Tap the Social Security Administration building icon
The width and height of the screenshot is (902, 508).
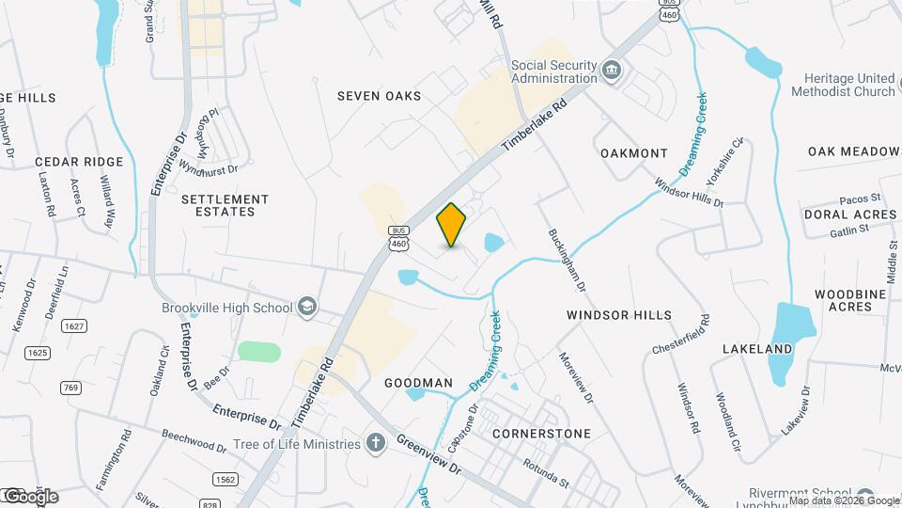[612, 71]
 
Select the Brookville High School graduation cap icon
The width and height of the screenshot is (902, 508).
[306, 307]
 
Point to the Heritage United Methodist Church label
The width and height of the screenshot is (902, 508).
[843, 85]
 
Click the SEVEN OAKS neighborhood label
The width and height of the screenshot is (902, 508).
[379, 96]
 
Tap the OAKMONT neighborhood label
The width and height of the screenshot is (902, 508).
[633, 152]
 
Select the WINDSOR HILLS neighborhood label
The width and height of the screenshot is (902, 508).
[619, 315]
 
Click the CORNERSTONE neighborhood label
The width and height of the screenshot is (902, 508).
[541, 434]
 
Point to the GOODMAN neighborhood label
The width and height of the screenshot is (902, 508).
[418, 383]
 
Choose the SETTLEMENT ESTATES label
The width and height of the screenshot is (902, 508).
[225, 205]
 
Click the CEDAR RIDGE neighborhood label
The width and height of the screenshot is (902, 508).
[80, 162]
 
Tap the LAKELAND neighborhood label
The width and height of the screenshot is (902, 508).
[757, 349]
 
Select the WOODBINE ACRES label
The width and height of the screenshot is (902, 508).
[844, 300]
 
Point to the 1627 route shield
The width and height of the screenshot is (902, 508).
[73, 325]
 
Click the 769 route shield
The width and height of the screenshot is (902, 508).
[70, 387]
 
